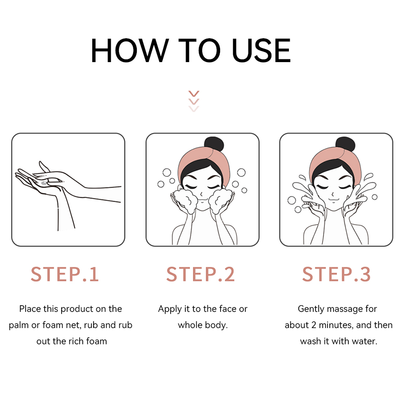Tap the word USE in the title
click(261, 50)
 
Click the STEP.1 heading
click(64, 274)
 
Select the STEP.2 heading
click(200, 274)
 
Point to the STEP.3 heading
click(336, 274)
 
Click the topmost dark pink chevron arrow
click(193, 94)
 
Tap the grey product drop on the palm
click(44, 183)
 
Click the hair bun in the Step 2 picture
click(214, 144)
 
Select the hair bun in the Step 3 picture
click(345, 144)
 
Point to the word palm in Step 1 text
click(19, 325)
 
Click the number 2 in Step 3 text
click(314, 325)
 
